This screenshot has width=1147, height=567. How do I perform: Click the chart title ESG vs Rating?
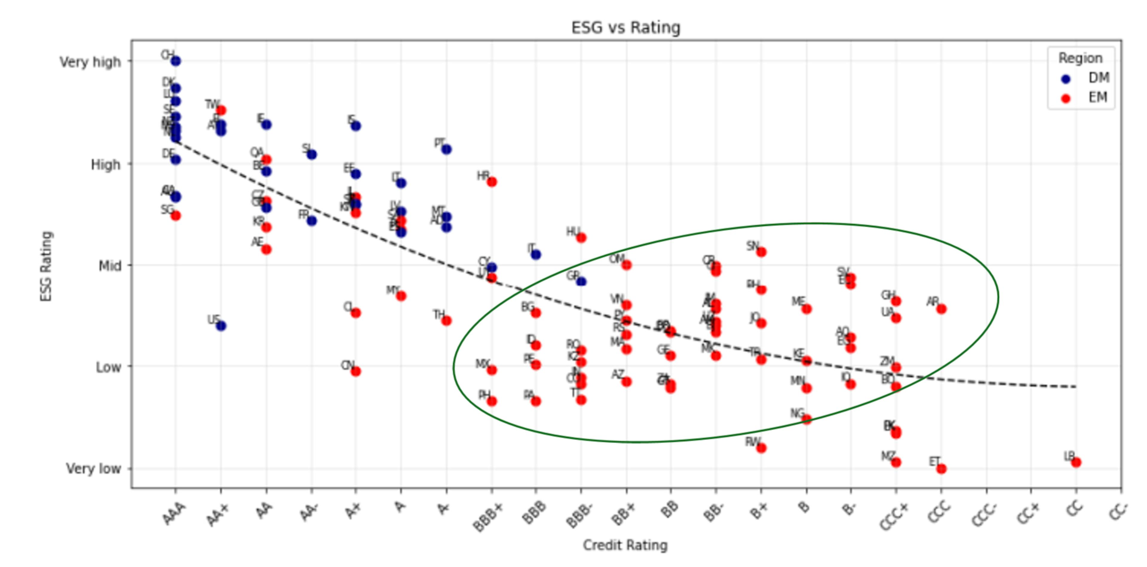point(625,27)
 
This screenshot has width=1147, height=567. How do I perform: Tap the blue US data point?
point(221,326)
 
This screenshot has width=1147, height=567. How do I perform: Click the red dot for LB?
point(1076,462)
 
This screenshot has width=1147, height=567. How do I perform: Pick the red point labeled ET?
point(941,469)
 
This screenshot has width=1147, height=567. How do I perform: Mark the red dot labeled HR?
point(492,182)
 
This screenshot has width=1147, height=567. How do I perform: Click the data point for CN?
point(355,372)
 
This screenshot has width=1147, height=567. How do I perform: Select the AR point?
point(941,309)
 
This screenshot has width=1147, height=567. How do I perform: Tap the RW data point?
point(761,448)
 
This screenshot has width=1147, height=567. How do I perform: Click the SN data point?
point(761,252)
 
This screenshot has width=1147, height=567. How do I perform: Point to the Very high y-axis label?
point(91,62)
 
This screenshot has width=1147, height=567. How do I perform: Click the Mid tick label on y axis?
point(110,266)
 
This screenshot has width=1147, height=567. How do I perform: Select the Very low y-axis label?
point(93,469)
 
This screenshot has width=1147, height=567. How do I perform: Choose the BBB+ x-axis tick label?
point(487,517)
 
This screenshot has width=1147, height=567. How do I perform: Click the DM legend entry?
point(1099,78)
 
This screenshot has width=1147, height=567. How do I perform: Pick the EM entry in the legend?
point(1098,97)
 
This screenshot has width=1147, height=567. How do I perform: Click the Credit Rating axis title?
point(625,545)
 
